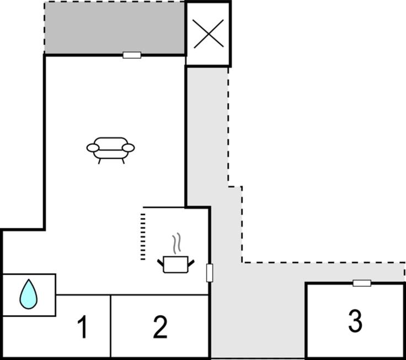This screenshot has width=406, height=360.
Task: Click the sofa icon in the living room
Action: tap(110, 148)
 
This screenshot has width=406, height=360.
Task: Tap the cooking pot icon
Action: tap(176, 264)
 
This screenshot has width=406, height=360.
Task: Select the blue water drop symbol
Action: tap(29, 294)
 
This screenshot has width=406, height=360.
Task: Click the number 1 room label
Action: tap(83, 327)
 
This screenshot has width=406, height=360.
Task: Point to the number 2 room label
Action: tap(160, 327)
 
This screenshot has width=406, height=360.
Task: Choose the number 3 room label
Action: tap(355, 321)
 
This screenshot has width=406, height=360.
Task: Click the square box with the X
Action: tap(208, 34)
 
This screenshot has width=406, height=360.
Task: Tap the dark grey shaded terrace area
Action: tap(114, 28)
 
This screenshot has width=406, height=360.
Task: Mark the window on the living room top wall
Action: tap(132, 55)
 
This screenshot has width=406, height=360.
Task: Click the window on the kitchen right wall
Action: tap(210, 272)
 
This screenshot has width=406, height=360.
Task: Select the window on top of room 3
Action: tap(362, 283)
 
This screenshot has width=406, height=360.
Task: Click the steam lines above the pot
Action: tap(176, 243)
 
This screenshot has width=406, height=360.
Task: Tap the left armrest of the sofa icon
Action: tap(93, 147)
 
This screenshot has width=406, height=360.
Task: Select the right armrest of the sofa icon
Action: tap(128, 147)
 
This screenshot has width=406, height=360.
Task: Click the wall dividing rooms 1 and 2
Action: tap(111, 326)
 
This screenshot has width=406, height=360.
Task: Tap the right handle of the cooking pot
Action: tap(191, 262)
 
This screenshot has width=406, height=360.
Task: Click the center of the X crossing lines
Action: tap(208, 34)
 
